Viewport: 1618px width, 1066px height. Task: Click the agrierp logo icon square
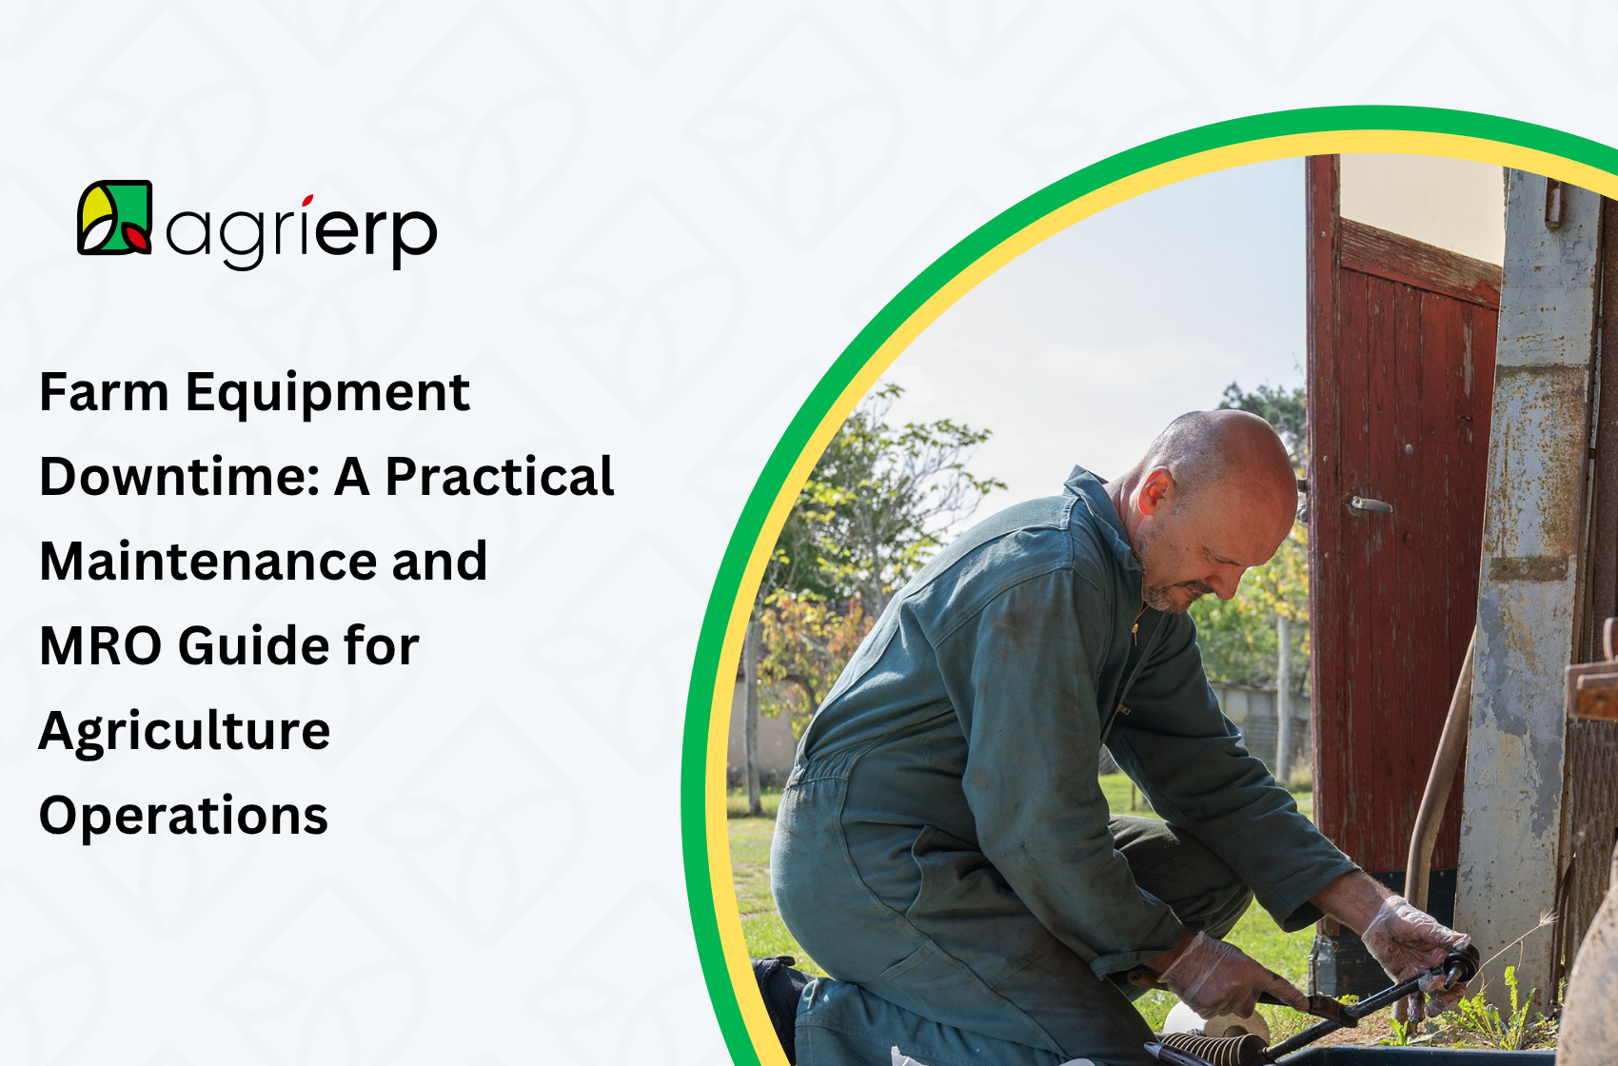(x=115, y=217)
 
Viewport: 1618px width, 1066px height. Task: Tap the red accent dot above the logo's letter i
(x=307, y=200)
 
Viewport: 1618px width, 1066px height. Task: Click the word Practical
(x=500, y=476)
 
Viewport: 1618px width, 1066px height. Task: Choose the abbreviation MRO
(x=100, y=645)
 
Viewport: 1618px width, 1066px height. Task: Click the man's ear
(x=1155, y=491)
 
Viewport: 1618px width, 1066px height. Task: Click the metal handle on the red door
(x=1369, y=504)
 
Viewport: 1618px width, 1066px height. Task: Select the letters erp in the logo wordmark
(x=376, y=232)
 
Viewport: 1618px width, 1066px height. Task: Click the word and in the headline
(x=440, y=562)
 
